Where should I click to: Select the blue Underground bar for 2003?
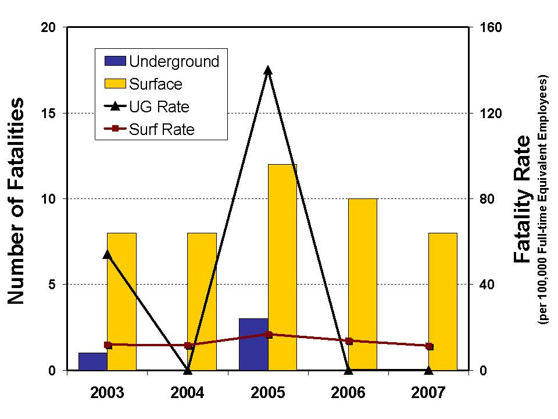[x=93, y=361]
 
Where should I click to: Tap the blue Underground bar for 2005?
[x=253, y=344]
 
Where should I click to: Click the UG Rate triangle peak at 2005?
[x=268, y=71]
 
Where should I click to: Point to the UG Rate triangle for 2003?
[x=108, y=254]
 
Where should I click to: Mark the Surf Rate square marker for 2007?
[x=429, y=346]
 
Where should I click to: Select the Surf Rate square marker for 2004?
[x=188, y=346]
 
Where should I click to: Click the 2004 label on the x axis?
[x=188, y=392]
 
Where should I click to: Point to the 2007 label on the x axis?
[x=429, y=392]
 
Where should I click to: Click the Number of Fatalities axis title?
[x=16, y=201]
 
